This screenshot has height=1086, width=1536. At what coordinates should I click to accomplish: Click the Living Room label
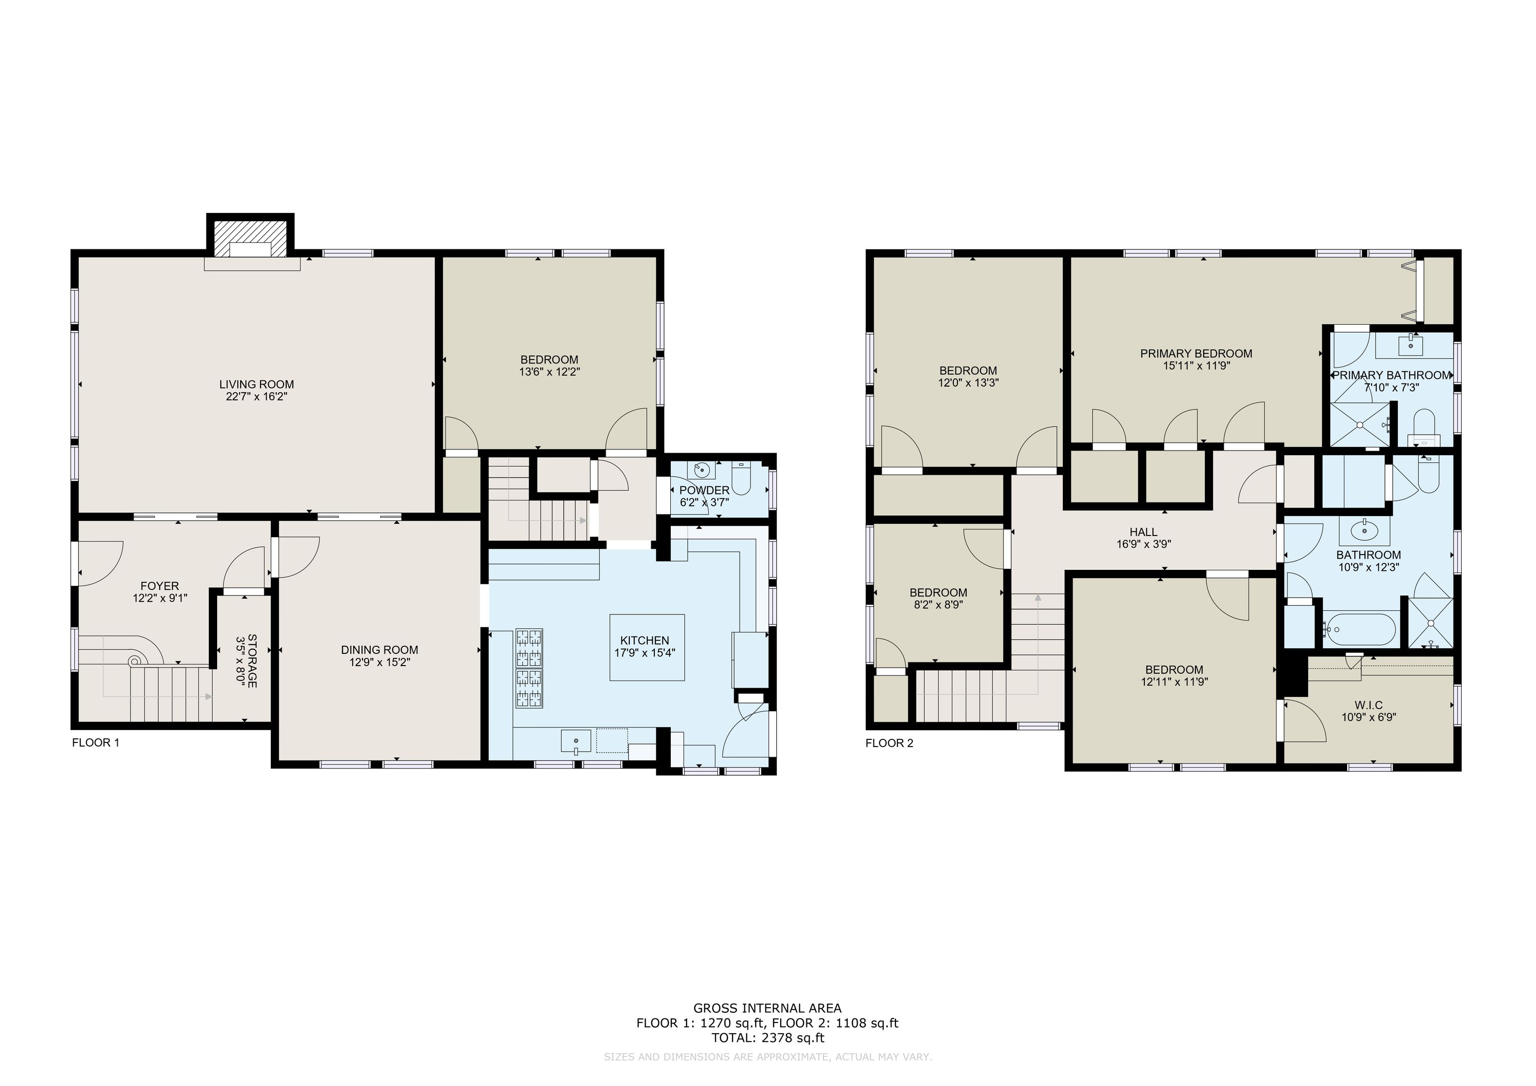(256, 384)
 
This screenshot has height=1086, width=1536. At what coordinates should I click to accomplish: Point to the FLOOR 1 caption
(96, 742)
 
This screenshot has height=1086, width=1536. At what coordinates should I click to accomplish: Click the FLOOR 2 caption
(889, 743)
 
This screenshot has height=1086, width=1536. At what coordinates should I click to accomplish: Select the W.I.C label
(1368, 705)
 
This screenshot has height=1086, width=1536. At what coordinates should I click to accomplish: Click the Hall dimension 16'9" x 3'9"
(1143, 544)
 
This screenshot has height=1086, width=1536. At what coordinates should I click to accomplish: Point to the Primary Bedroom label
(1196, 353)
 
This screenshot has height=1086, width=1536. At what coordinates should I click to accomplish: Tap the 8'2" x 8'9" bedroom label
(938, 598)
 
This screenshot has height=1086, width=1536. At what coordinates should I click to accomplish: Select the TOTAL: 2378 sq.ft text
(767, 1038)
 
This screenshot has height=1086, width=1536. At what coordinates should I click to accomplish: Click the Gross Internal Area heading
(767, 1008)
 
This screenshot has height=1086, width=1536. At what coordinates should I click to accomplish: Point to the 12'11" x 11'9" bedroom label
(1174, 676)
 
